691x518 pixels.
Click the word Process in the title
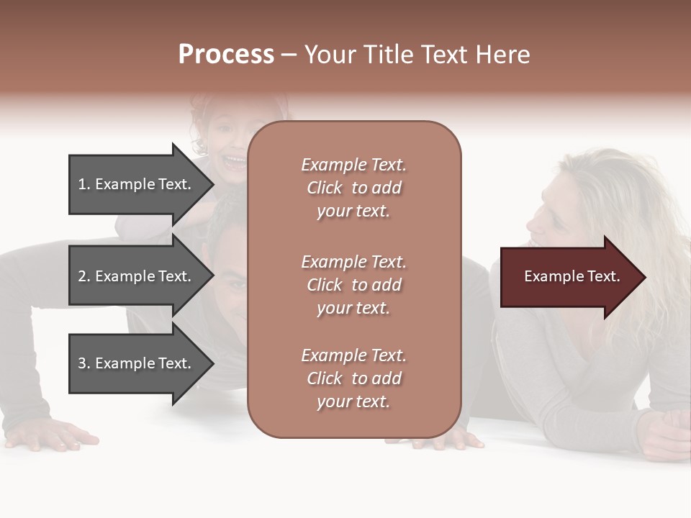[226, 55]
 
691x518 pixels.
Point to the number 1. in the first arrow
[84, 184]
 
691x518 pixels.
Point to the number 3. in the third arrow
[84, 363]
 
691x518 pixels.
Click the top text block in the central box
[353, 188]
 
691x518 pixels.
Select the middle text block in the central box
[353, 285]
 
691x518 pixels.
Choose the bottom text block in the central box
[353, 378]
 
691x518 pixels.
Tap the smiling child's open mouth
[235, 161]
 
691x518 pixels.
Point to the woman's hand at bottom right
[666, 432]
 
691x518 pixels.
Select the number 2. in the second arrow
[84, 276]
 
